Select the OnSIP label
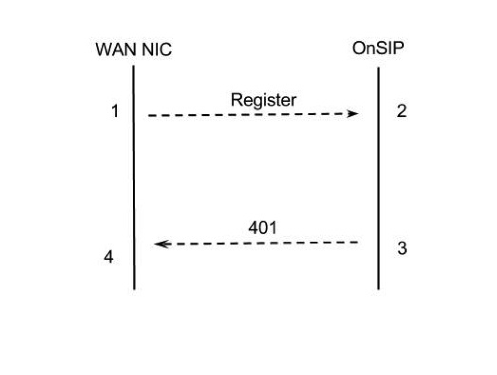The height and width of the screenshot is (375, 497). pyautogui.click(x=378, y=48)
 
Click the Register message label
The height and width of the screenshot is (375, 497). pyautogui.click(x=263, y=100)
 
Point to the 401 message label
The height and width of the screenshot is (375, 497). pyautogui.click(x=263, y=228)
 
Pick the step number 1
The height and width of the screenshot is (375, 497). pyautogui.click(x=115, y=111)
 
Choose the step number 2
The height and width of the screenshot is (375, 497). pyautogui.click(x=401, y=111)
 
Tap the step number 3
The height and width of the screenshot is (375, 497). pyautogui.click(x=402, y=249)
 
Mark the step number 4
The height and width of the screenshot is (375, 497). pyautogui.click(x=109, y=258)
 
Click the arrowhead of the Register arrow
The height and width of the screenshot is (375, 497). pyautogui.click(x=353, y=114)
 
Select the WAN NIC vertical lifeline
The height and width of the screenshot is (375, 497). pyautogui.click(x=134, y=183)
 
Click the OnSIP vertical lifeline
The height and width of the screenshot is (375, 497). pyautogui.click(x=378, y=183)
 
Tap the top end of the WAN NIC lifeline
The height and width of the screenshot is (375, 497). pyautogui.click(x=134, y=67)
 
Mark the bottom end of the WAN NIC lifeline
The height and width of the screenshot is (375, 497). pyautogui.click(x=135, y=289)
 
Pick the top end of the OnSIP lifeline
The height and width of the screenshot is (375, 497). pyautogui.click(x=378, y=68)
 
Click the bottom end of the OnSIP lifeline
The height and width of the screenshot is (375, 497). pyautogui.click(x=378, y=289)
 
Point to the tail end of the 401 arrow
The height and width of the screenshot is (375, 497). pyautogui.click(x=357, y=242)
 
